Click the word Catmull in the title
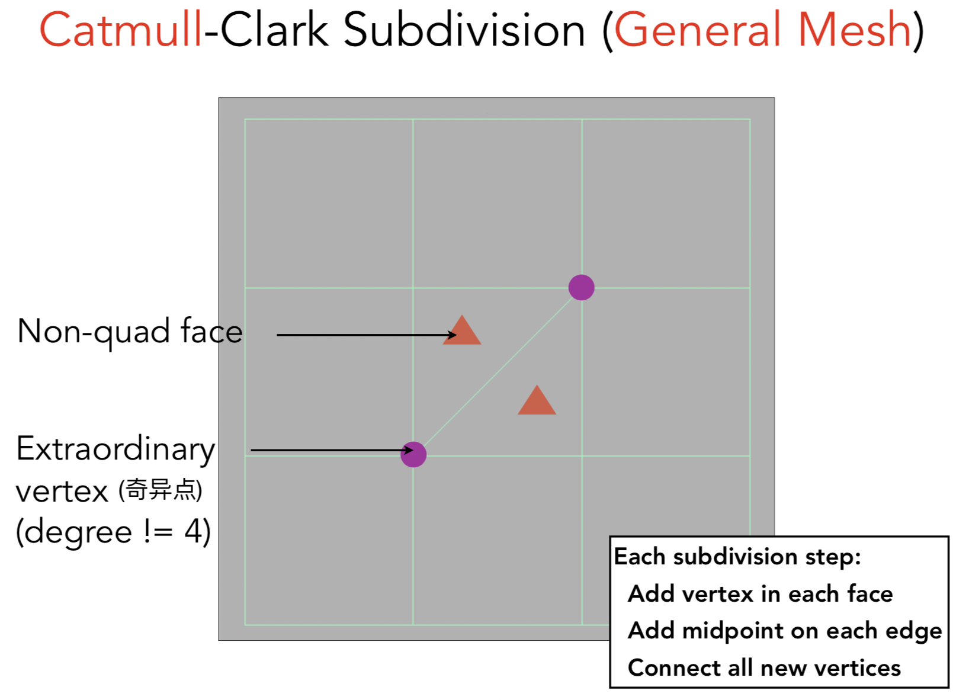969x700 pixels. click(x=121, y=31)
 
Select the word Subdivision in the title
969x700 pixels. click(x=464, y=31)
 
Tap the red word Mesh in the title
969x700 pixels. click(x=854, y=31)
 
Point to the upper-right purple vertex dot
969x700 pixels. click(x=581, y=288)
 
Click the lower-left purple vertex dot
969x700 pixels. click(x=413, y=454)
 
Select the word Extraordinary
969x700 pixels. click(x=115, y=449)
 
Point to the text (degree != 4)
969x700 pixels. click(x=113, y=531)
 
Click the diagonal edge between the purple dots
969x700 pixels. click(x=498, y=371)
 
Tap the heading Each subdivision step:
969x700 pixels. click(x=737, y=557)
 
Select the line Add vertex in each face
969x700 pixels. click(x=760, y=593)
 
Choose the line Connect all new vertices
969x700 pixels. click(x=764, y=668)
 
